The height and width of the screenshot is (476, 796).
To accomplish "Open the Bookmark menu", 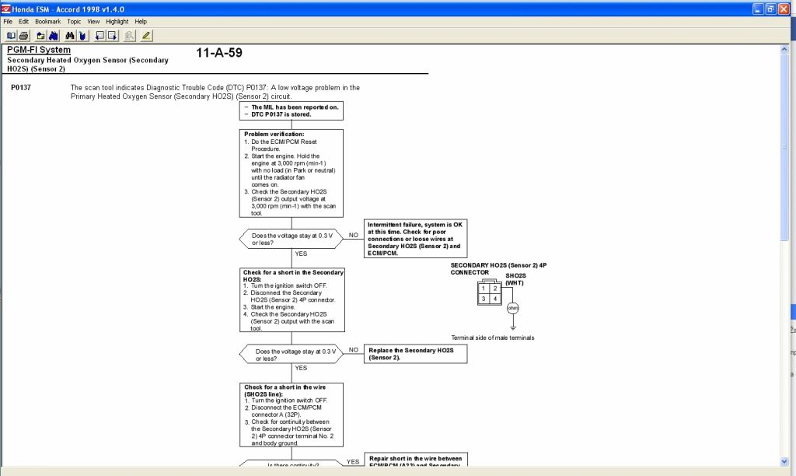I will click(47, 22).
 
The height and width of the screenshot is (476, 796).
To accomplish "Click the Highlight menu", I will click(117, 22).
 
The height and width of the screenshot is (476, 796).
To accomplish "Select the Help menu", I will click(141, 22).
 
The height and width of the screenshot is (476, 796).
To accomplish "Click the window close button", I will click(786, 9).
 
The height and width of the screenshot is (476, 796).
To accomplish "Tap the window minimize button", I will click(758, 9).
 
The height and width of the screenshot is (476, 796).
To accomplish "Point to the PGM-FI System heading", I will click(39, 51).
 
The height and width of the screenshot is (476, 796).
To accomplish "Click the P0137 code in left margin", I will click(21, 88).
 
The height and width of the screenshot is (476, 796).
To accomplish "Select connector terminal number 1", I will click(483, 289).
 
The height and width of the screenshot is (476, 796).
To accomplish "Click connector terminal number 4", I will click(494, 299).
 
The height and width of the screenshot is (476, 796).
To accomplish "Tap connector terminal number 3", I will click(483, 299).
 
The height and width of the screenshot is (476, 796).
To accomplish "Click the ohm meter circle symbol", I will click(512, 308).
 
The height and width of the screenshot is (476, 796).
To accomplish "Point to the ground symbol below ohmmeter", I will click(512, 327).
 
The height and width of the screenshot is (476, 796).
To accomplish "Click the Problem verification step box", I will click(292, 173).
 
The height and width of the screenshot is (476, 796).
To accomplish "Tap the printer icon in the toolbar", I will click(23, 36).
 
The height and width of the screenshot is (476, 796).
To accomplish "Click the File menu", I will click(8, 22).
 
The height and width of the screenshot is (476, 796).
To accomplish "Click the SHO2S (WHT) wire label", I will click(515, 278).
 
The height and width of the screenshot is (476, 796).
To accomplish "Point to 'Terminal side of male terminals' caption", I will click(493, 338).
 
